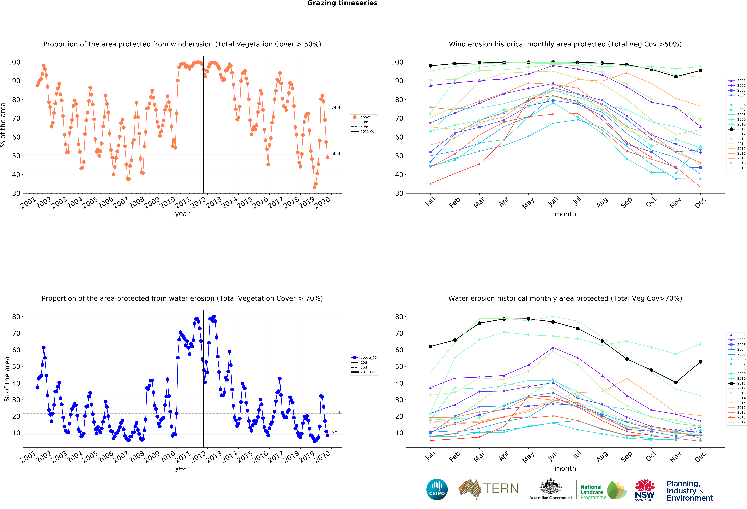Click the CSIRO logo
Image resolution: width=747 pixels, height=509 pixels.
[437, 489]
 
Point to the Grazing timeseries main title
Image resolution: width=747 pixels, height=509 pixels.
[342, 3]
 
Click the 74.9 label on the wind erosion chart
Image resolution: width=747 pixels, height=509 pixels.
[336, 107]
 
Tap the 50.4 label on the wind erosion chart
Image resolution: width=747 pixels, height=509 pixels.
[336, 153]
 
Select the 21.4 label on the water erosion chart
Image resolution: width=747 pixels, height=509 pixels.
[336, 412]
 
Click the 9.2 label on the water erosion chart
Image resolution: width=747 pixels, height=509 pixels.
[334, 432]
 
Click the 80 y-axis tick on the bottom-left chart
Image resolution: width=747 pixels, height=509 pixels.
[16, 317]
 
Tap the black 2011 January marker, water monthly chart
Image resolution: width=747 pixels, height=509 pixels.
[430, 346]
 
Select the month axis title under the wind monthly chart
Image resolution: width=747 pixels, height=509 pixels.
[565, 214]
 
